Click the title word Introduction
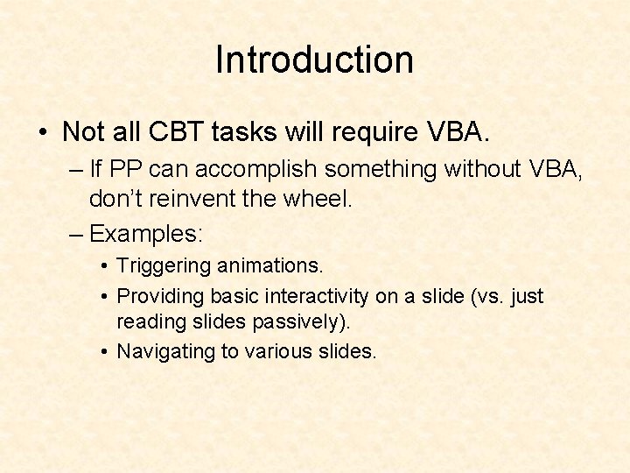pos(314,60)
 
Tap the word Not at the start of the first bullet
pos(85,132)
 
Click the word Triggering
pos(159,265)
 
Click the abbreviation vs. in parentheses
pos(486,297)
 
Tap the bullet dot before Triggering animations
pos(104,265)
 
